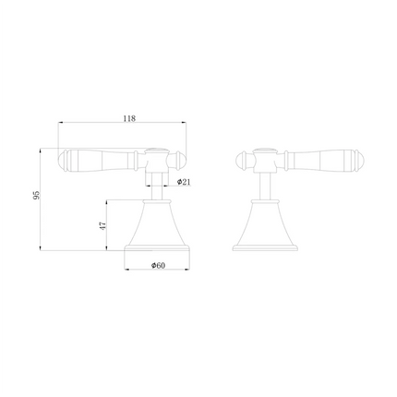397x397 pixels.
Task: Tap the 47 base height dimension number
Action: [104, 224]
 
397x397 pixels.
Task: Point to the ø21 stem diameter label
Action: [185, 182]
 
